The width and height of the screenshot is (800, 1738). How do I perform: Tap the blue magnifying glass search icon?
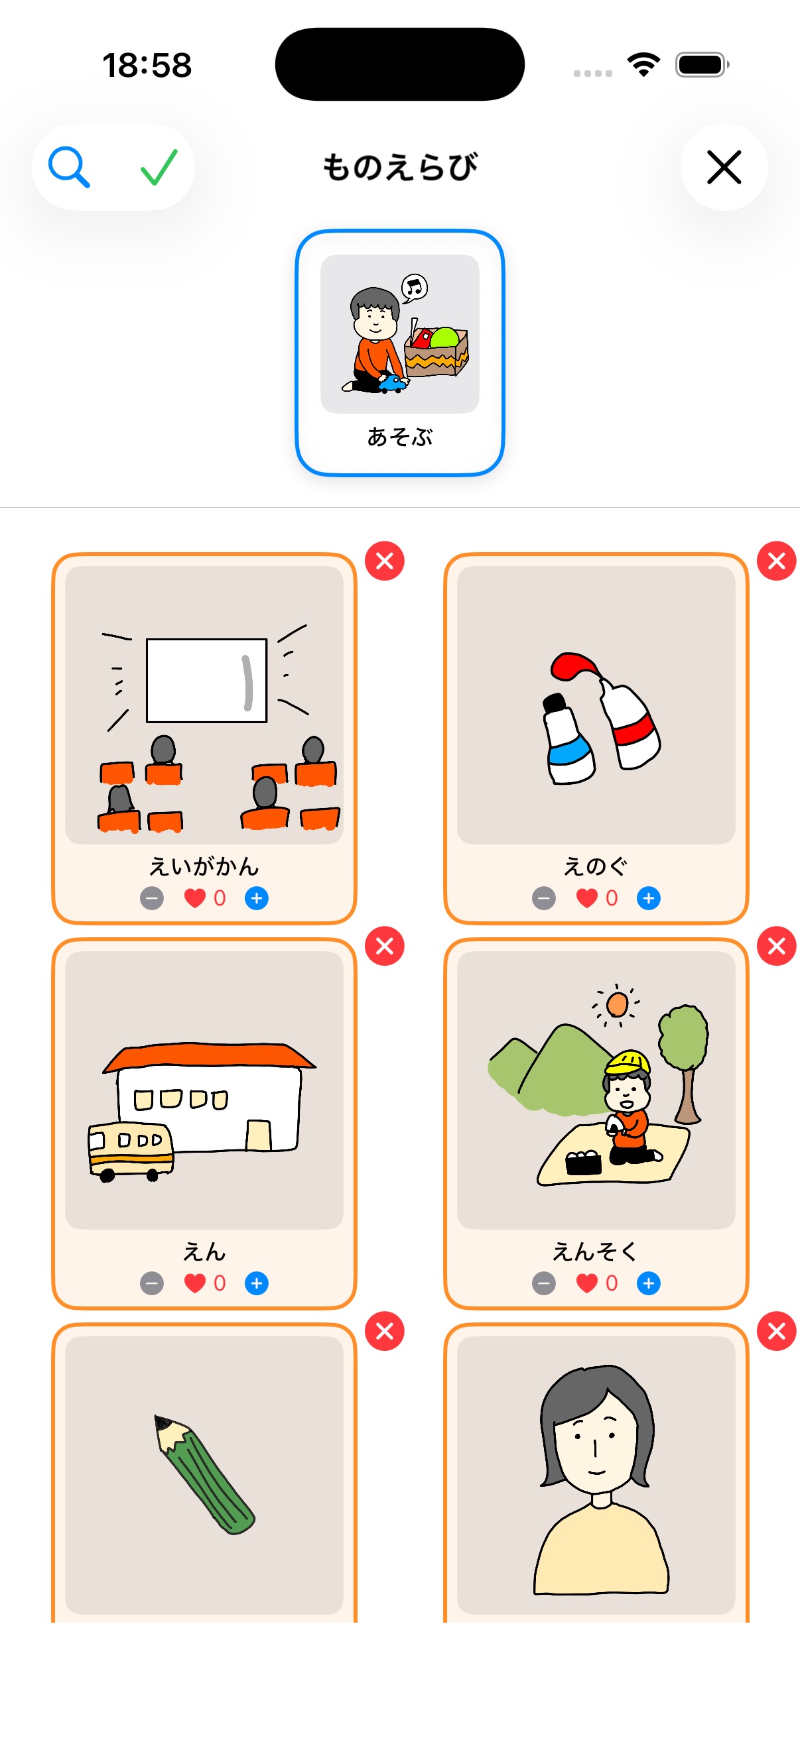pyautogui.click(x=69, y=167)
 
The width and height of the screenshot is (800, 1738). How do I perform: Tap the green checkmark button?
pyautogui.click(x=159, y=167)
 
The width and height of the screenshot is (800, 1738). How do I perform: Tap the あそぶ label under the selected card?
pyautogui.click(x=399, y=437)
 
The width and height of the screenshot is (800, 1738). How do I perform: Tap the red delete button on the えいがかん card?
pyautogui.click(x=384, y=561)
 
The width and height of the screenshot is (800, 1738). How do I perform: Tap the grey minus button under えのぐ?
pyautogui.click(x=543, y=898)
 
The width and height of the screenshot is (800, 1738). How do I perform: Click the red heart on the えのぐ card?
pyautogui.click(x=586, y=898)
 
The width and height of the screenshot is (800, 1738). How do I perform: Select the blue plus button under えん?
pyautogui.click(x=257, y=1283)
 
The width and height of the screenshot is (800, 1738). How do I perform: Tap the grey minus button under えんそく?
pyautogui.click(x=543, y=1283)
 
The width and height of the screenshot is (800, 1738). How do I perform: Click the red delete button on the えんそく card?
pyautogui.click(x=776, y=946)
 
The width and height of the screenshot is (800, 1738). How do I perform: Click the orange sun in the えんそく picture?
pyautogui.click(x=617, y=1005)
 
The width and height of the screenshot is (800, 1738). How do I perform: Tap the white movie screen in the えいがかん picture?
pyautogui.click(x=206, y=680)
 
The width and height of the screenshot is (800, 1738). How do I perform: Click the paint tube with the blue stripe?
pyautogui.click(x=568, y=742)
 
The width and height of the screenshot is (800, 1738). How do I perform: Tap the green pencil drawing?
pyautogui.click(x=204, y=1474)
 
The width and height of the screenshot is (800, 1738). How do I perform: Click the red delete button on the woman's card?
pyautogui.click(x=776, y=1331)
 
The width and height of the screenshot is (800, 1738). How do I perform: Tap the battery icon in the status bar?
pyautogui.click(x=700, y=65)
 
